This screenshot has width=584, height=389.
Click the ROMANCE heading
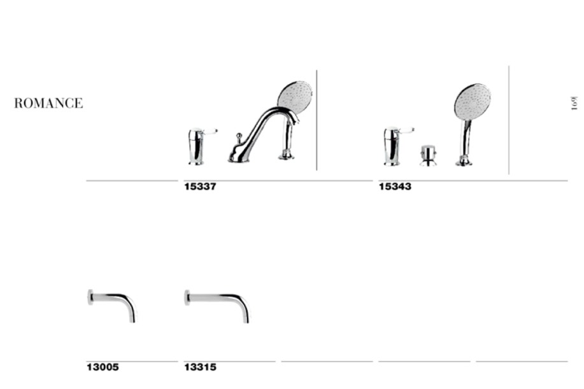[48, 103]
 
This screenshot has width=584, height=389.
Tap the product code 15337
[200, 187]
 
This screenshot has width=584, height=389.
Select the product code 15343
[395, 187]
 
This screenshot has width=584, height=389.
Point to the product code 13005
[103, 367]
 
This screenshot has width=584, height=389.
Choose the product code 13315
[200, 367]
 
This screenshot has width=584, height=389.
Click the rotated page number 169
[574, 103]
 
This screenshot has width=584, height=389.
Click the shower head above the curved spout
[296, 96]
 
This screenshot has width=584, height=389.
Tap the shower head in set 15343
[473, 101]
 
